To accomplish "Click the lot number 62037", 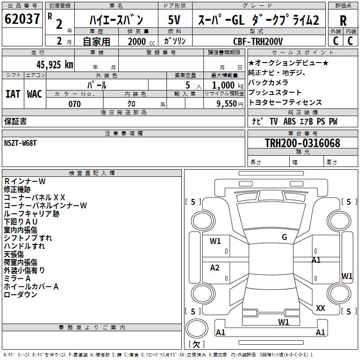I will [x=22, y=19].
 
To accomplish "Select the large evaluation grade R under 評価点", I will [x=343, y=21].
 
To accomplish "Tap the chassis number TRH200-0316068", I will [x=302, y=143].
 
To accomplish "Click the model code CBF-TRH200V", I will [x=258, y=41].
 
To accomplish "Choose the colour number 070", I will [x=74, y=104].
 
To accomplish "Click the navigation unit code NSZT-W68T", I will [x=21, y=144].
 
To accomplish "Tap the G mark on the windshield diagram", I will [x=284, y=237].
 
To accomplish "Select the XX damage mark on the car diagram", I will [x=320, y=308].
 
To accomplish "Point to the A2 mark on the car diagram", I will [x=215, y=268].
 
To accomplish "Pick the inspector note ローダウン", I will [x=20, y=295].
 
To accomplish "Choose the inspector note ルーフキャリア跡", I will [x=31, y=214].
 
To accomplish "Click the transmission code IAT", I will [x=13, y=94].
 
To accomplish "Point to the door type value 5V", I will [x=175, y=20].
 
